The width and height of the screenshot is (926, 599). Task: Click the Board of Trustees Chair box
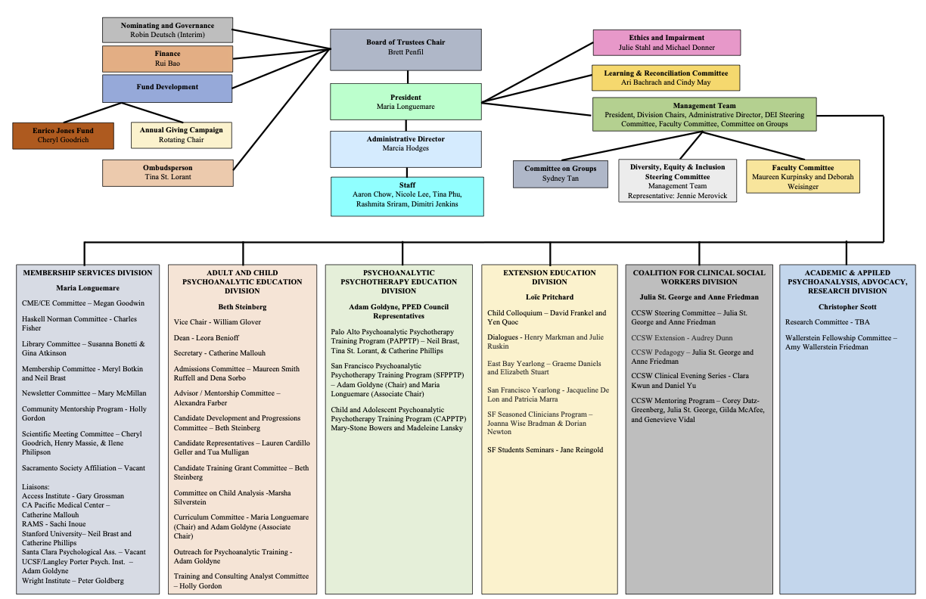pos(406,50)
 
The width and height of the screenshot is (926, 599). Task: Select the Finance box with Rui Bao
pos(167,59)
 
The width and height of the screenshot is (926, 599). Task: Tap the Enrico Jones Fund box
pos(64,135)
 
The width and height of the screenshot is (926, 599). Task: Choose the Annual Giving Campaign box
pos(182,135)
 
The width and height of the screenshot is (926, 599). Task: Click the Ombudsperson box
pos(168,173)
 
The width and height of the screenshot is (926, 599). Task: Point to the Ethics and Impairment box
pos(667,42)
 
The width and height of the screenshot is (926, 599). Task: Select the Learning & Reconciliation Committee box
pos(666,78)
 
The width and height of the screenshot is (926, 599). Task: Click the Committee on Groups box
pos(561,174)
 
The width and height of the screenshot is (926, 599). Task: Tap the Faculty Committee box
pos(803,176)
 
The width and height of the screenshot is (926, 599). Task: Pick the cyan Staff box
pos(407,197)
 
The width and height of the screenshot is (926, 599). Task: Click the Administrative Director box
pos(406,149)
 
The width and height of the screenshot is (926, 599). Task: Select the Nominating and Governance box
pos(167,30)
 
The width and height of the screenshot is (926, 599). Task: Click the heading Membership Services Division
pos(88,273)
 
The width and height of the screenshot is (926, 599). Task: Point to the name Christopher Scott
pos(847,307)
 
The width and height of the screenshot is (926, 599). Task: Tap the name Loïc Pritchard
pos(549,296)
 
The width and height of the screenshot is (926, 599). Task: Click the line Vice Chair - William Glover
pos(217,321)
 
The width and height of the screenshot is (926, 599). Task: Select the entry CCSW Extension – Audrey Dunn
pos(682,338)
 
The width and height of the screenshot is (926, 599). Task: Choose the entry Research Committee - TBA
pos(828,321)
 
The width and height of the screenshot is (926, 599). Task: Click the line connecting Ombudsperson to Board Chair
pos(282,109)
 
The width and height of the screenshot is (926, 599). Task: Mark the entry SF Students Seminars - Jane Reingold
pos(545,450)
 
